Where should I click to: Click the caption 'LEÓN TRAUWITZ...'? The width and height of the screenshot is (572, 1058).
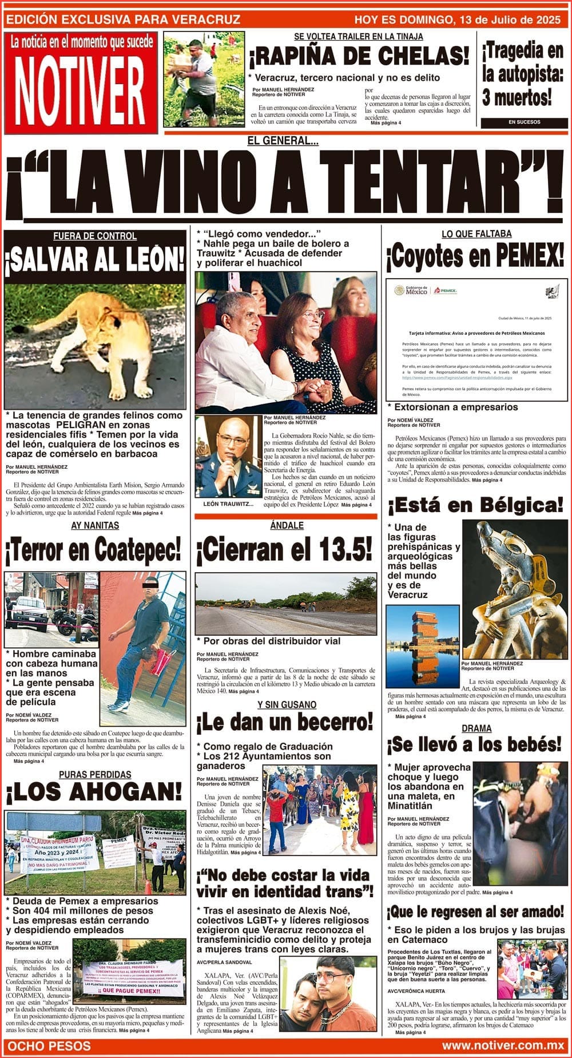tap(228, 504)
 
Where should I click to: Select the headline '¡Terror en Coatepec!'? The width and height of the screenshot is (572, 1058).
tap(93, 549)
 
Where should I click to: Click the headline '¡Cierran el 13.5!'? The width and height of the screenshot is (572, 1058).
tap(285, 550)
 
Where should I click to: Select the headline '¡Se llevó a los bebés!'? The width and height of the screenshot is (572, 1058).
tap(475, 745)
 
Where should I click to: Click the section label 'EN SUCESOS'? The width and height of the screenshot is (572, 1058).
tap(524, 122)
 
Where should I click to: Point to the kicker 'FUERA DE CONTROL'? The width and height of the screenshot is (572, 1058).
tap(95, 236)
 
